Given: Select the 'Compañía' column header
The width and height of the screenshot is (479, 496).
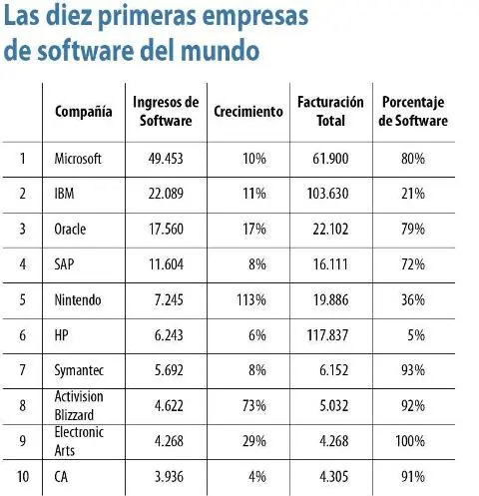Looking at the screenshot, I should pyautogui.click(x=83, y=112).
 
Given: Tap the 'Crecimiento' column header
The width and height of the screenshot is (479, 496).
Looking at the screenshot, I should pyautogui.click(x=248, y=112).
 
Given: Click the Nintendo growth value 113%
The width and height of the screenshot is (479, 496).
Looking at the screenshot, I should pyautogui.click(x=249, y=299).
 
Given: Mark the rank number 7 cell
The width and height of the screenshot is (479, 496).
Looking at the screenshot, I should pyautogui.click(x=22, y=370).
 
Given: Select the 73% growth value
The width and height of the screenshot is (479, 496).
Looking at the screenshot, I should pyautogui.click(x=252, y=405).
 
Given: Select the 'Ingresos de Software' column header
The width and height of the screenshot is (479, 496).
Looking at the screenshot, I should pyautogui.click(x=166, y=112).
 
